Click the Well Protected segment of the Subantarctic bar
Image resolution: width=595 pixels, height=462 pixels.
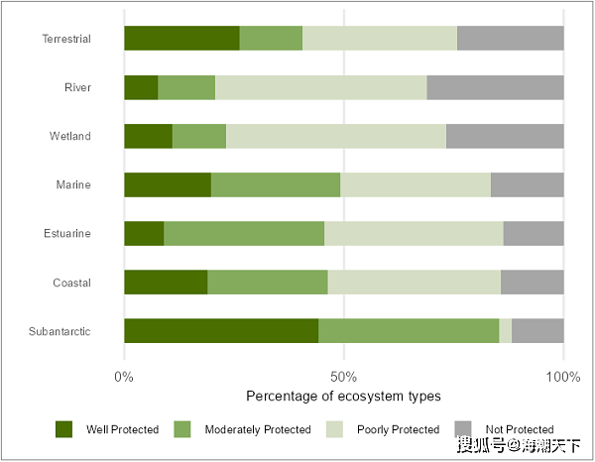point(221,331)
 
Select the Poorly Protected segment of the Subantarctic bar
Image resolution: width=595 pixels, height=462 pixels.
point(506,331)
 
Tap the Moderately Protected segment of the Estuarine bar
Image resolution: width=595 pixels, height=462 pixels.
point(244,234)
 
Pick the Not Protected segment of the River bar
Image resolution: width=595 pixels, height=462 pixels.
point(495,87)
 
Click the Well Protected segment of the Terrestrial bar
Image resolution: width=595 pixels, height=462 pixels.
point(181,39)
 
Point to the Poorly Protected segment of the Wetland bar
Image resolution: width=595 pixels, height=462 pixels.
point(336,136)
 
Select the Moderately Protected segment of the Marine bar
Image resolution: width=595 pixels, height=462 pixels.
point(276,184)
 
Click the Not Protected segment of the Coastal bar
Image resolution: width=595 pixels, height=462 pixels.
point(533,283)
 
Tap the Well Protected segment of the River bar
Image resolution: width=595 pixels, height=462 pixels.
point(141,87)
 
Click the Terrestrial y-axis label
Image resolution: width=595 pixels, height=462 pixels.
point(66,40)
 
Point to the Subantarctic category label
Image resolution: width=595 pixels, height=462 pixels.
point(61,331)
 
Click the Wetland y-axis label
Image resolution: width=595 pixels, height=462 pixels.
point(70,136)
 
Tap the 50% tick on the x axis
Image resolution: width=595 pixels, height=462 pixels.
point(343,377)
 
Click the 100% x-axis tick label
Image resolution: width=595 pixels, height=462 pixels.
point(562,377)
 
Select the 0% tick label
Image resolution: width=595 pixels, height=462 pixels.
point(124,377)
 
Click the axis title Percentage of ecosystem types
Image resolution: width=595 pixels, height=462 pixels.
point(343,397)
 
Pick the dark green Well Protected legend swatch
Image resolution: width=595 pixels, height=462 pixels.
point(64,429)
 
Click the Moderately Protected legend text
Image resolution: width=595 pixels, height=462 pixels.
point(258,430)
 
